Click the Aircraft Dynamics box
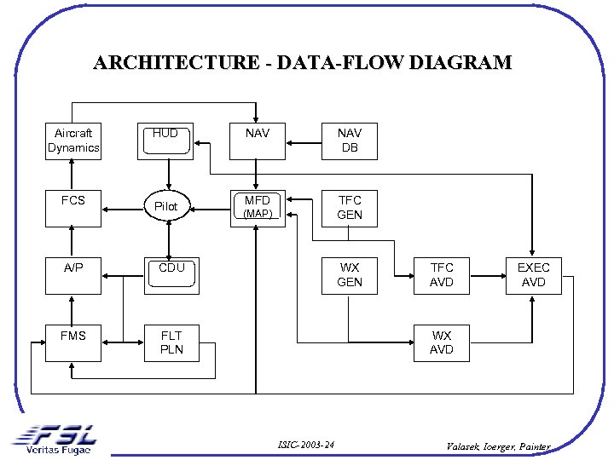(73, 141)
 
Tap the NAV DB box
(349, 141)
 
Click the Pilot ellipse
(166, 206)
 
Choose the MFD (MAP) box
(257, 207)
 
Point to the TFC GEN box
(349, 208)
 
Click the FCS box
(73, 207)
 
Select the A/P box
(73, 275)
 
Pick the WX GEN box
(349, 275)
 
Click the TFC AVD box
(441, 275)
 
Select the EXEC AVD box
(533, 275)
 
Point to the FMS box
(73, 342)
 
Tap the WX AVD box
(441, 342)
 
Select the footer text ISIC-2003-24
(306, 446)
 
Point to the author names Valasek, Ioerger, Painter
(499, 446)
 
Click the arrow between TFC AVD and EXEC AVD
(487, 275)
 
